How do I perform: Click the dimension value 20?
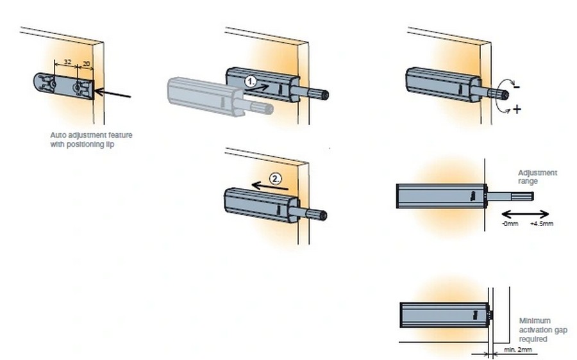point(87,64)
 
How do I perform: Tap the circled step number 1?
point(251,81)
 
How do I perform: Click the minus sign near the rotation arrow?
point(516,86)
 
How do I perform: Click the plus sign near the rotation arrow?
point(517,110)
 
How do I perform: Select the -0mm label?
point(510,225)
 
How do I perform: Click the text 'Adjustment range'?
point(537,177)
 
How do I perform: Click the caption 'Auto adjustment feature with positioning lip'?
point(91,140)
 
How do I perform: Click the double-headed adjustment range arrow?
point(525,214)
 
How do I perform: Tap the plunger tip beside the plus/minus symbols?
point(505,95)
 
